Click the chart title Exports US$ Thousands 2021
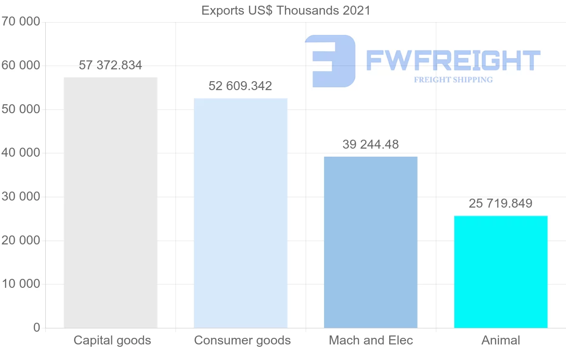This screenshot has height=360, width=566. (x=286, y=10)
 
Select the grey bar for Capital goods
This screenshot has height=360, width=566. (x=110, y=203)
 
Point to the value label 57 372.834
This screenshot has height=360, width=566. (x=110, y=66)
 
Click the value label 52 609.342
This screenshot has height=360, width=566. (x=241, y=86)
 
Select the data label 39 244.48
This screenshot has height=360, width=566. (x=371, y=145)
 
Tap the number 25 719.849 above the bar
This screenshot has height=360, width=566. (x=500, y=204)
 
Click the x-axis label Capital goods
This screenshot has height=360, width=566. (x=112, y=341)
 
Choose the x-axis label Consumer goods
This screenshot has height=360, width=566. (x=242, y=341)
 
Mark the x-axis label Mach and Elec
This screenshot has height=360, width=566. (x=371, y=341)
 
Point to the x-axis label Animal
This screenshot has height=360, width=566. (x=500, y=341)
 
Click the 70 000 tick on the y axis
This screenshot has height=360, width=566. (x=21, y=22)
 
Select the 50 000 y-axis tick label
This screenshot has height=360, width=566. (x=21, y=109)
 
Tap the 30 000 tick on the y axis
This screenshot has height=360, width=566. (x=21, y=197)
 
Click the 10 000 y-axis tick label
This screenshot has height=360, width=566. (x=21, y=284)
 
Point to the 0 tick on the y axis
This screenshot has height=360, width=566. (x=37, y=328)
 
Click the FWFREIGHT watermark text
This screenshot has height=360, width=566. (x=453, y=60)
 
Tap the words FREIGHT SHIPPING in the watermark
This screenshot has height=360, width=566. (x=453, y=80)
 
